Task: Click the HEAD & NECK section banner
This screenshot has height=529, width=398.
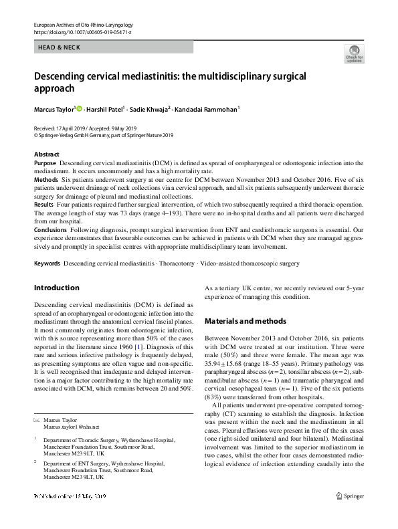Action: (114, 47)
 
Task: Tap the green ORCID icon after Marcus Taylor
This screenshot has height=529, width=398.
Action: (79, 108)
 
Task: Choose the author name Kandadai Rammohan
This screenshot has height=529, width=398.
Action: (207, 109)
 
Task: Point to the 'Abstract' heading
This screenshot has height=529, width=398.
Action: (47, 154)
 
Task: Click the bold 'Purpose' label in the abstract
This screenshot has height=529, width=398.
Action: (45, 163)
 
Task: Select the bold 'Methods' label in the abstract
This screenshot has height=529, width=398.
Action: (45, 181)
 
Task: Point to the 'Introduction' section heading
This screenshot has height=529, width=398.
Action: (56, 288)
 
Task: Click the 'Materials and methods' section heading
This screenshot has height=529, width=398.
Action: (245, 321)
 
